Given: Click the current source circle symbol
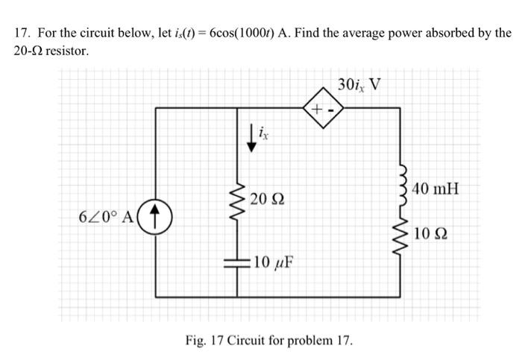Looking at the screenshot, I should pyautogui.click(x=156, y=216).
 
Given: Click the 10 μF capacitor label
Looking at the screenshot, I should pyautogui.click(x=271, y=262).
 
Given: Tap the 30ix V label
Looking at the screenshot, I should pyautogui.click(x=359, y=84).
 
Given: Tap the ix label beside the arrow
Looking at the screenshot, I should pyautogui.click(x=264, y=134).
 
